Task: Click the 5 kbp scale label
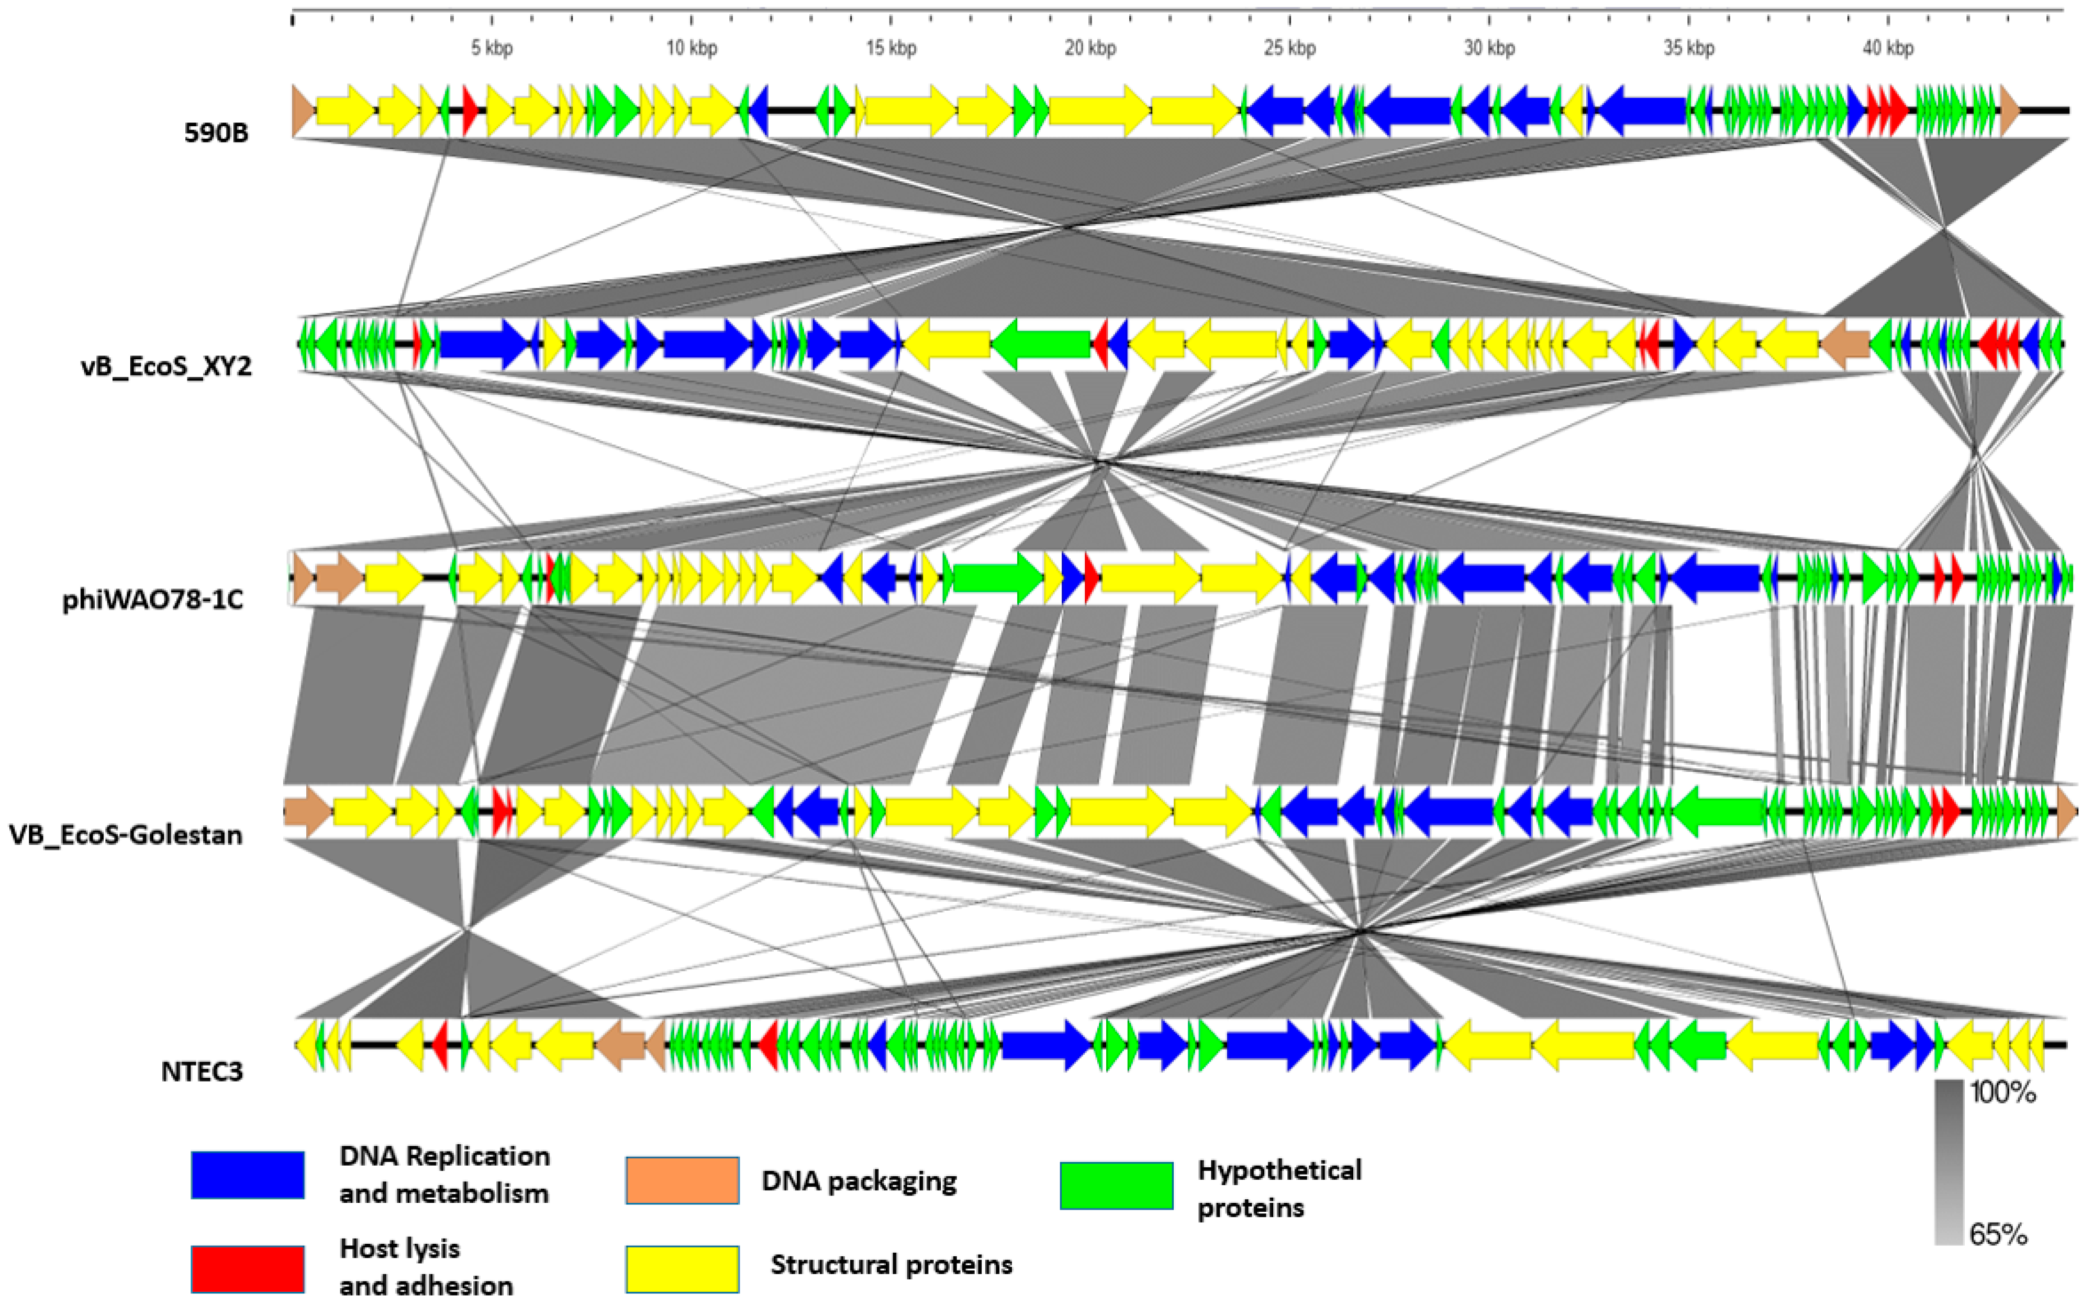(491, 48)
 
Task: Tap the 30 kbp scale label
(1488, 48)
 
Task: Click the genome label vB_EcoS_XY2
(166, 366)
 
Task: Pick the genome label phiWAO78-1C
(153, 600)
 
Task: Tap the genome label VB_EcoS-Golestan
(126, 835)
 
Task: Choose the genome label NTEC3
(202, 1071)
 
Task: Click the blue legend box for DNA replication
(248, 1175)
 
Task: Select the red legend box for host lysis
(248, 1269)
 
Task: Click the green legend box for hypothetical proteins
(1116, 1185)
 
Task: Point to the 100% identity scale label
(2002, 1093)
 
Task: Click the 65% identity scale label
(1997, 1234)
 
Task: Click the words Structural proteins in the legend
(891, 1265)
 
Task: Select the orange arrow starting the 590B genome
(303, 110)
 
